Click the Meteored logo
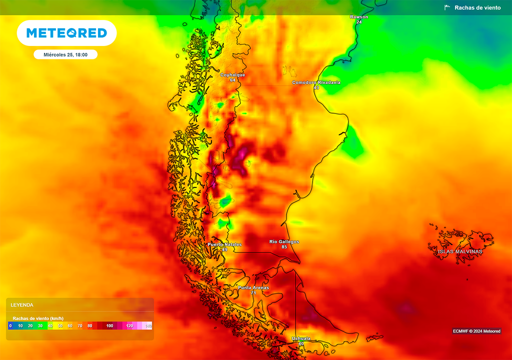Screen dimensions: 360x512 tap(66, 33)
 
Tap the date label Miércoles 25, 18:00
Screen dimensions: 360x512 tap(65, 54)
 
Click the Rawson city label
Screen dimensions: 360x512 tap(359, 17)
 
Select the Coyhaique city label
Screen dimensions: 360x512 tap(232, 75)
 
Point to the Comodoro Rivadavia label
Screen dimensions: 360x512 tap(316, 82)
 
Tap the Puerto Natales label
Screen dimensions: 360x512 tap(224, 244)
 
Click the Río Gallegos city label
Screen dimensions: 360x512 tap(284, 241)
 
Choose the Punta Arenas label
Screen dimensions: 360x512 tap(253, 287)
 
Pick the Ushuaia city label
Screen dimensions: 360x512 tap(300, 338)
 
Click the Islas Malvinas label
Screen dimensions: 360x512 tap(460, 251)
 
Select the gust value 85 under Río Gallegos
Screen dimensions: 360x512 tap(284, 247)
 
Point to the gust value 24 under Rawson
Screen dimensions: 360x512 tap(359, 22)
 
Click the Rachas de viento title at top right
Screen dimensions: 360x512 tap(475, 7)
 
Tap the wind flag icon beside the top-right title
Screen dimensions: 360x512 tap(447, 7)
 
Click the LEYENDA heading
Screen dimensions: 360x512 tap(22, 304)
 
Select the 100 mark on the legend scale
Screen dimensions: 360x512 tap(109, 326)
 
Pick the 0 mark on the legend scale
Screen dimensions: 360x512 tap(10, 326)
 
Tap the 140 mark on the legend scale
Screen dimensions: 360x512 tap(148, 326)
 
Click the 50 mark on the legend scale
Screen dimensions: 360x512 tap(60, 326)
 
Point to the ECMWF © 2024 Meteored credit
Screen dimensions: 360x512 tap(476, 331)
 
